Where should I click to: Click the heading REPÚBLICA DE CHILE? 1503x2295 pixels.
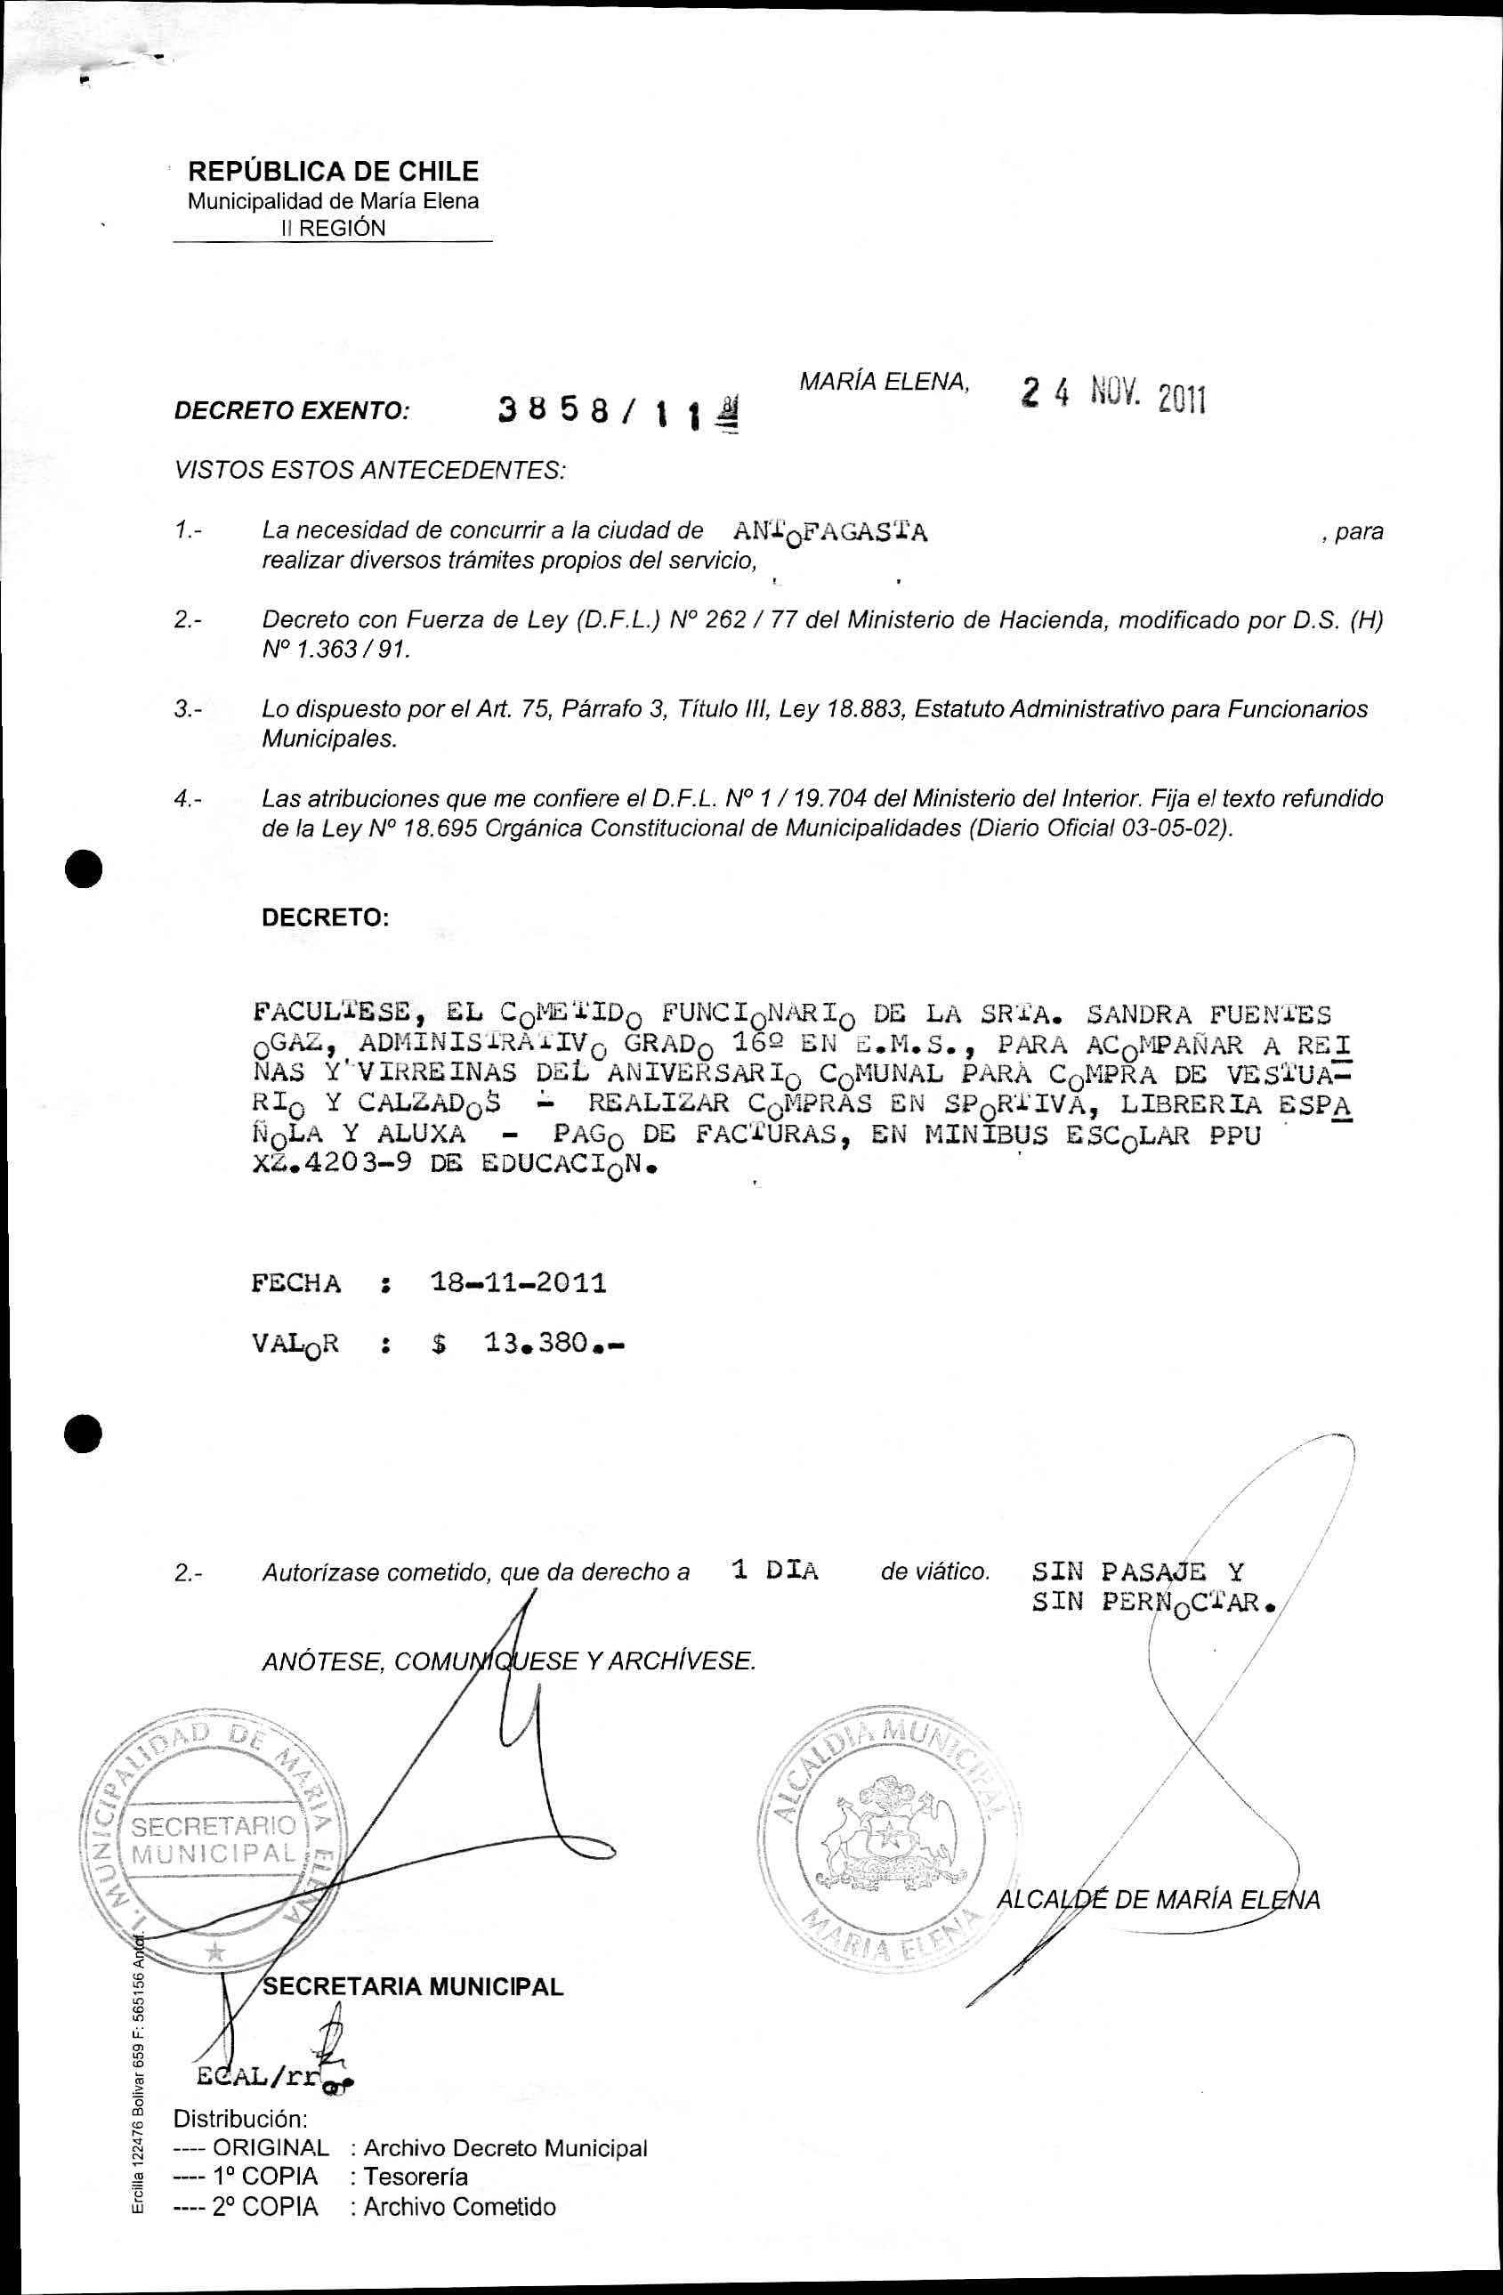pos(333,172)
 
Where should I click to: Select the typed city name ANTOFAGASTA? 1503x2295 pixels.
pos(830,533)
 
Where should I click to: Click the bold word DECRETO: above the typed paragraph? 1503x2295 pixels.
pos(325,917)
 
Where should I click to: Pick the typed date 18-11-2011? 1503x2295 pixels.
pos(518,1283)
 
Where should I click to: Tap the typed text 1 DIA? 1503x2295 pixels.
pos(775,1571)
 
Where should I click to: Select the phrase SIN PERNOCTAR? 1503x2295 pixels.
pos(1153,1604)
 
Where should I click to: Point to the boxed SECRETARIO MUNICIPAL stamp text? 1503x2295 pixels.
pos(214,1838)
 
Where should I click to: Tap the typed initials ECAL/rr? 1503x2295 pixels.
pos(256,2076)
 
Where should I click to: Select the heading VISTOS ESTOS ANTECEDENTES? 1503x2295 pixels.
pos(369,472)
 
